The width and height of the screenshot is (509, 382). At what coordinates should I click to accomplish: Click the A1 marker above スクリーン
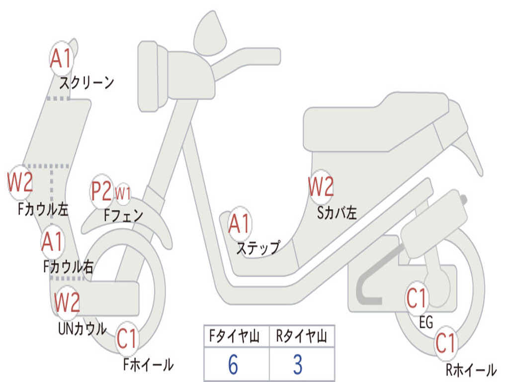(x=61, y=59)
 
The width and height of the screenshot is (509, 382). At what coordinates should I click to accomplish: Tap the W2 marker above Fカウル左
(x=20, y=182)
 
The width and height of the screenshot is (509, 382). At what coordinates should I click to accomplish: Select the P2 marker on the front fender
(x=101, y=191)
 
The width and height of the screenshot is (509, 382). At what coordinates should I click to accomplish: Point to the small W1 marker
(x=123, y=193)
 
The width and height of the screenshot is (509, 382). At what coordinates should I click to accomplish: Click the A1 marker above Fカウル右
(x=53, y=242)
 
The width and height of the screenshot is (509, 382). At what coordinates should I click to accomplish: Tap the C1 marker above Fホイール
(x=127, y=338)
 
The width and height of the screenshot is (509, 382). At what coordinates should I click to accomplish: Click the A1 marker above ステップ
(x=240, y=223)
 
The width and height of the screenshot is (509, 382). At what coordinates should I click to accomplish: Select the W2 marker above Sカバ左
(x=321, y=187)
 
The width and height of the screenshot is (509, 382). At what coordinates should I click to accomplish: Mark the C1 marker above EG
(x=417, y=298)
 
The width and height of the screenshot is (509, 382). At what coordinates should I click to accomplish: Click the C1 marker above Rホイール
(x=446, y=343)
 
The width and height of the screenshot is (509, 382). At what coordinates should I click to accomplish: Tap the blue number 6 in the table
(x=233, y=365)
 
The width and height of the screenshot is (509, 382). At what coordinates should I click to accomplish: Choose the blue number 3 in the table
(x=298, y=365)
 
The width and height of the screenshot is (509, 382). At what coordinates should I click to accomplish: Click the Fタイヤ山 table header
(x=235, y=336)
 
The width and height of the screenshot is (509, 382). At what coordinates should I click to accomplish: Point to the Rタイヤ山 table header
(x=302, y=336)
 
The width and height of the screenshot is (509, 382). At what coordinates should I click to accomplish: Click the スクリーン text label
(x=86, y=83)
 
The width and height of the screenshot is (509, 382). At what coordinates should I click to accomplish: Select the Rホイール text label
(x=471, y=370)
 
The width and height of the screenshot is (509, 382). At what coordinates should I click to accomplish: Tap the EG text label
(x=426, y=322)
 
